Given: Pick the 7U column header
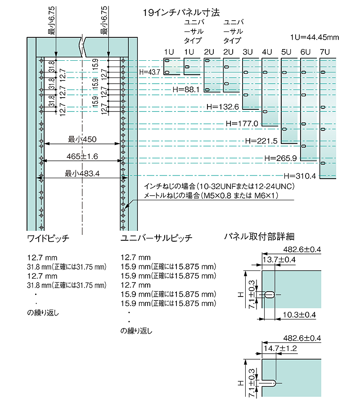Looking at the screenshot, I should coord(325,52).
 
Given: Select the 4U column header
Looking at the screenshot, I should coord(267,52).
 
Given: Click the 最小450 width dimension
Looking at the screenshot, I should coord(82,139).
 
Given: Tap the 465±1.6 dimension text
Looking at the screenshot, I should coord(82,156).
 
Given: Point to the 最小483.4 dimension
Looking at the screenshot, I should coord(82,173).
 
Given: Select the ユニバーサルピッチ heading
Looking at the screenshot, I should coord(157,239).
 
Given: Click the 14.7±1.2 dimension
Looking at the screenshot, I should coord(280,348).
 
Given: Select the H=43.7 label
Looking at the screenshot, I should coord(150,72).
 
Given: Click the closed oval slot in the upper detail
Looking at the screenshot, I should coord(270,294).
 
